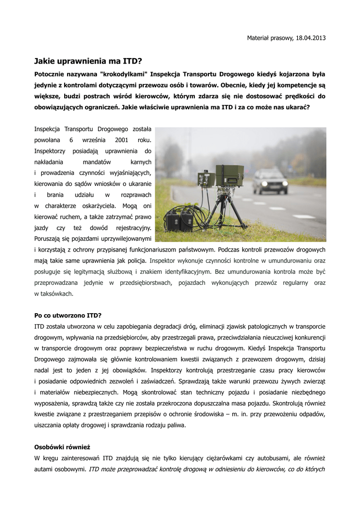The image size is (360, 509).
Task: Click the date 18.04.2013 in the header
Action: tap(311, 38)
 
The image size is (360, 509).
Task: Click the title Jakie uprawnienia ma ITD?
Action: tap(88, 62)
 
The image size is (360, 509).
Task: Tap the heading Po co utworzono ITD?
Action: tap(68, 315)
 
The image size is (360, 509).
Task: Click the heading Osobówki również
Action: tap(62, 447)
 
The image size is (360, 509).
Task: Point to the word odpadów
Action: tap(311, 414)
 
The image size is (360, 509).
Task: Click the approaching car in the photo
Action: tap(270, 181)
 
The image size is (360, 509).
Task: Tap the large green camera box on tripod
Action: tap(229, 175)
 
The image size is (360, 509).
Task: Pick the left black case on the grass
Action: tap(173, 220)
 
